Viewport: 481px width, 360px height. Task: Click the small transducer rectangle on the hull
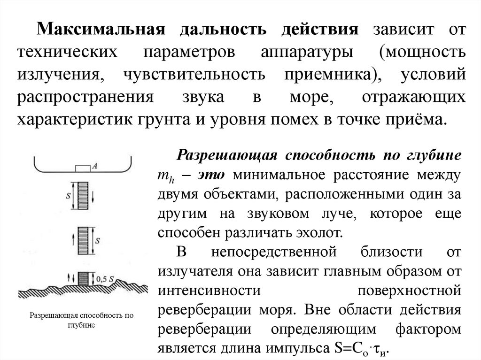[x=83, y=168]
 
